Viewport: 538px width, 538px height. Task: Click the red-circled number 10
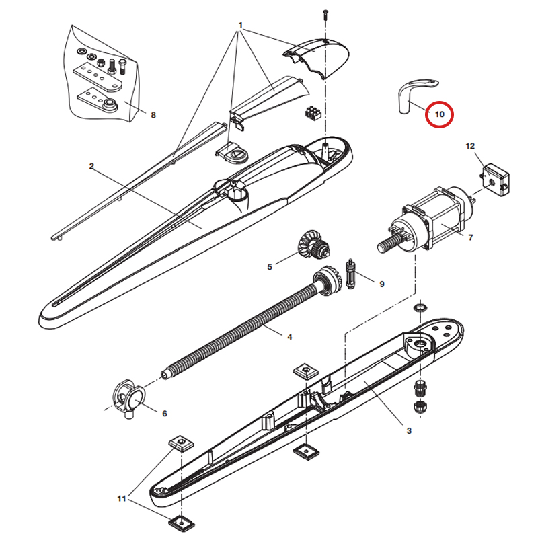click(440, 114)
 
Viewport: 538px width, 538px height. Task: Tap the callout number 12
click(470, 146)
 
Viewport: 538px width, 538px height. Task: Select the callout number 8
click(153, 115)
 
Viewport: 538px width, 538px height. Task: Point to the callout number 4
click(290, 337)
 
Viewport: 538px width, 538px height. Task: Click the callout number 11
click(122, 498)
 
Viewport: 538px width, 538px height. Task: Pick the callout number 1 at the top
click(241, 25)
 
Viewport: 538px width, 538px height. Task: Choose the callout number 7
click(470, 237)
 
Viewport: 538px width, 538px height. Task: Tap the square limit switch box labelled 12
click(495, 180)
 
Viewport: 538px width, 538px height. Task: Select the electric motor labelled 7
click(429, 221)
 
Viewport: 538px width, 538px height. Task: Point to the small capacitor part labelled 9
click(350, 274)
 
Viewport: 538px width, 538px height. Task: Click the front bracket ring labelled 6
click(128, 398)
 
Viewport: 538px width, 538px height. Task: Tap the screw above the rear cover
click(325, 14)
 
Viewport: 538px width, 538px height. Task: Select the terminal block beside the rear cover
click(313, 113)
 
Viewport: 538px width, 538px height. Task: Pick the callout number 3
click(409, 431)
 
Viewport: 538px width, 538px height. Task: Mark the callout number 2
click(91, 166)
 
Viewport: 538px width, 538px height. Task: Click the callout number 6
click(164, 414)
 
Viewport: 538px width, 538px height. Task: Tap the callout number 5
click(270, 267)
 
